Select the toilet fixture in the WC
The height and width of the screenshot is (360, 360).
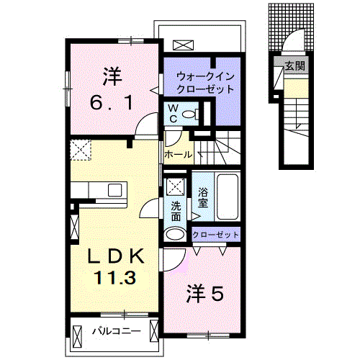pos(189,114)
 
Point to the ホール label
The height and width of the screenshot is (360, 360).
pos(178,154)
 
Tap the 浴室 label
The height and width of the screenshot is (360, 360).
pos(203,197)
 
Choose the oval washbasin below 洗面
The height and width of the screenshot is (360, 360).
pos(175,234)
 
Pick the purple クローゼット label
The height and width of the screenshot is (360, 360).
pos(215,234)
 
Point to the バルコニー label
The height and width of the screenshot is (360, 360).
pos(115,331)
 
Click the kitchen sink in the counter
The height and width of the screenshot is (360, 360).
pos(114,189)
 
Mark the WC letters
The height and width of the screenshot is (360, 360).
pos(173,112)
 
